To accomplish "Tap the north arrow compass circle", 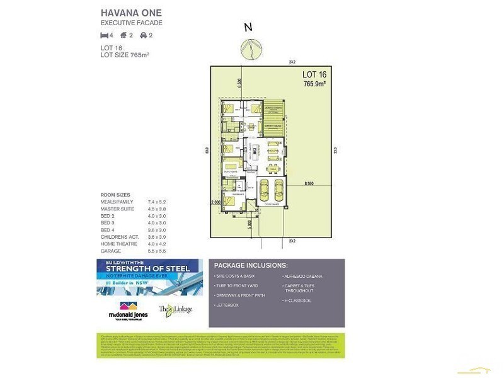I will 249,49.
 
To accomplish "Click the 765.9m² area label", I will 314,83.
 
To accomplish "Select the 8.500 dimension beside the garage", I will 309,183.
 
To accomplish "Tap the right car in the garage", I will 277,189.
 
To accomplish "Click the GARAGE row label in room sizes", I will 111,251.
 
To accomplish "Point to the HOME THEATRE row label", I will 117,244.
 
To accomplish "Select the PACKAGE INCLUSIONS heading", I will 251,265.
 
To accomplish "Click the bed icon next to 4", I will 105,35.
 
